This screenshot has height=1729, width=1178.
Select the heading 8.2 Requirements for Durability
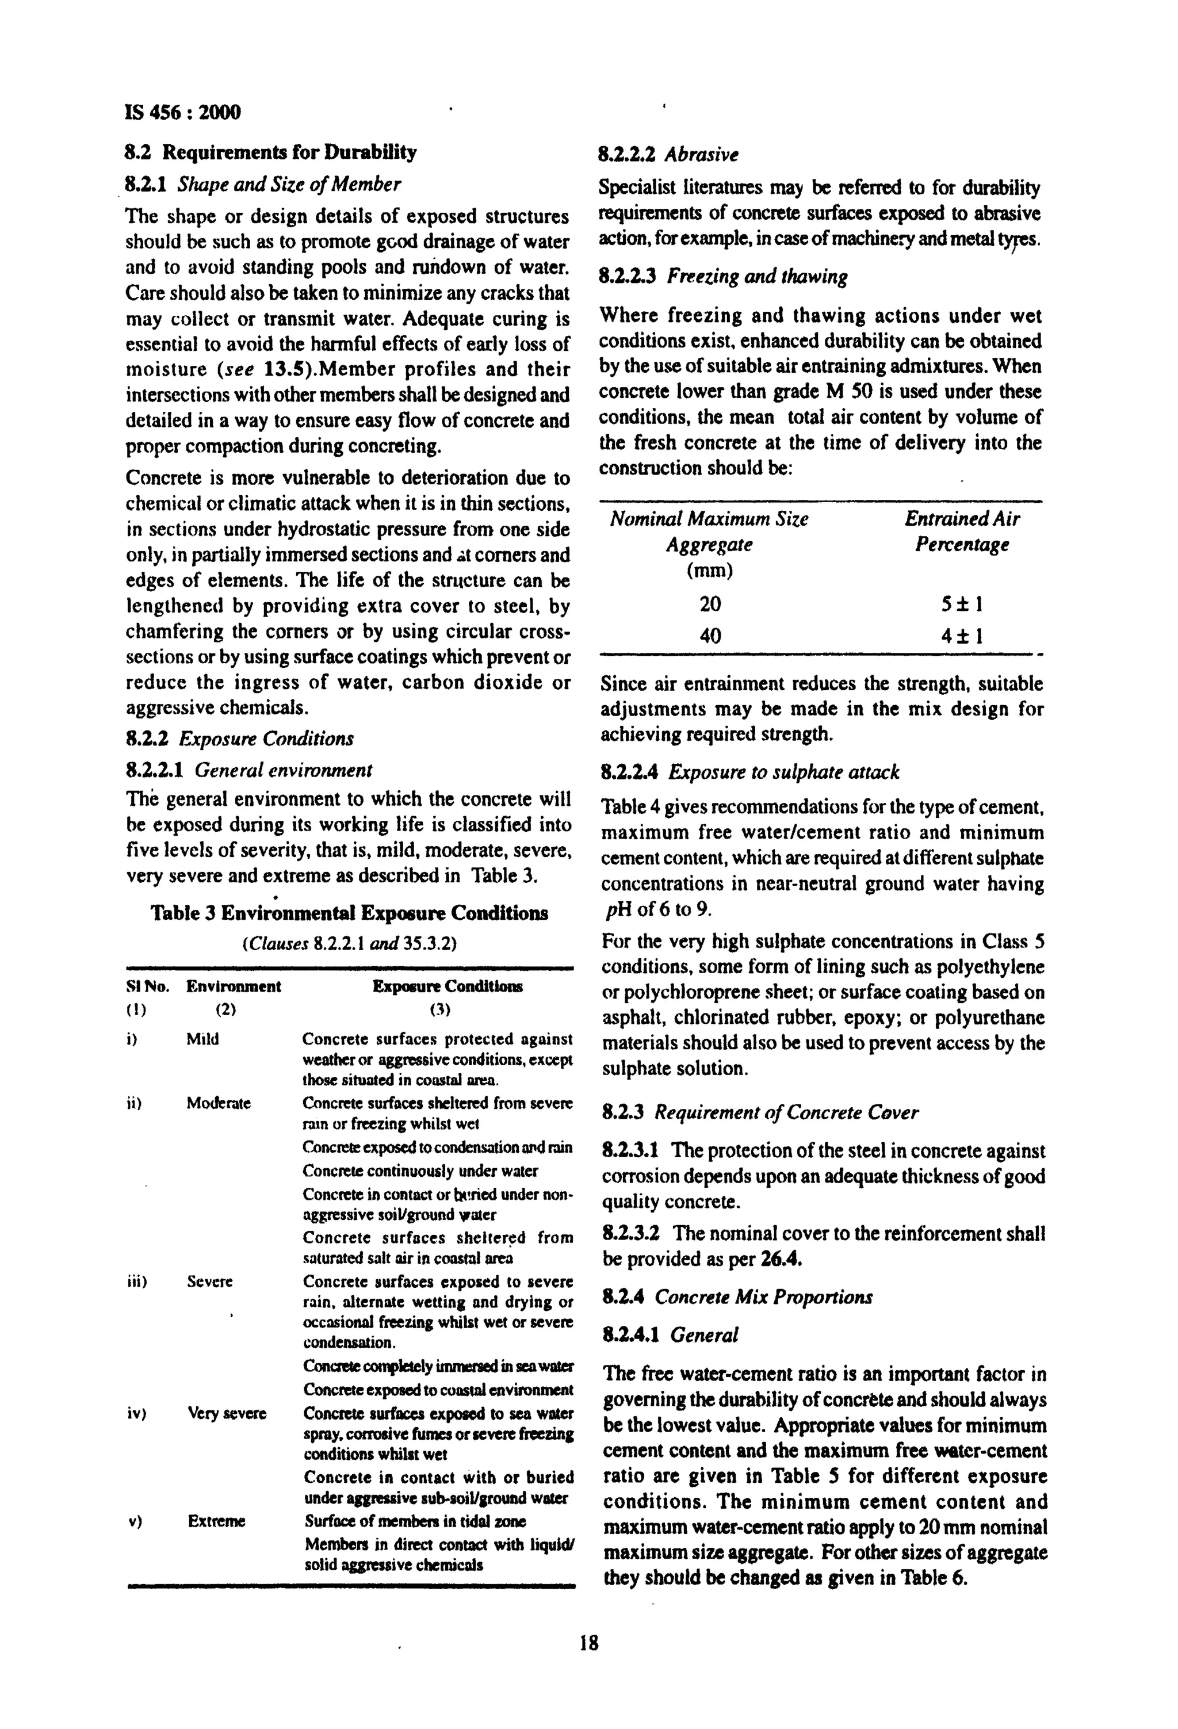coord(271,152)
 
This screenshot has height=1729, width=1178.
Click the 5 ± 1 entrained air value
coord(962,603)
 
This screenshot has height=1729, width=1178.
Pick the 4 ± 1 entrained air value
coord(962,636)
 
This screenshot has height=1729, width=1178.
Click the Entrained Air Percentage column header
coord(962,531)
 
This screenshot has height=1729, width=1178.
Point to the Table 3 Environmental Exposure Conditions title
coord(350,913)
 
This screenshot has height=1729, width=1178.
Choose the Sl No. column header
coord(147,986)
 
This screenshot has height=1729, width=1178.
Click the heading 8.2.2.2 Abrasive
coord(669,155)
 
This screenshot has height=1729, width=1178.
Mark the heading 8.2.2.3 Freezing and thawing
coord(724,277)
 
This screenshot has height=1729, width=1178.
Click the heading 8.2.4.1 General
coord(669,1334)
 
